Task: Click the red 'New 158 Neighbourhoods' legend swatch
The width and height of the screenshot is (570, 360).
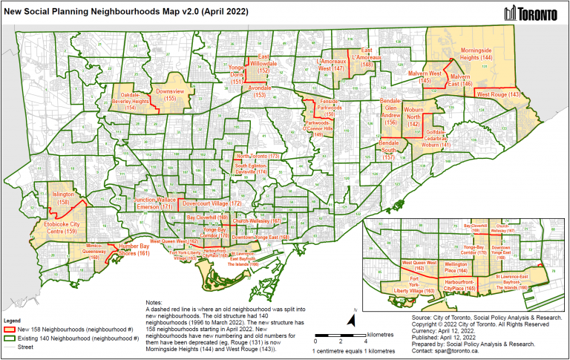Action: [10, 328]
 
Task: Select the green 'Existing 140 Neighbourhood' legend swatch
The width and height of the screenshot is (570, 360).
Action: [10, 337]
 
